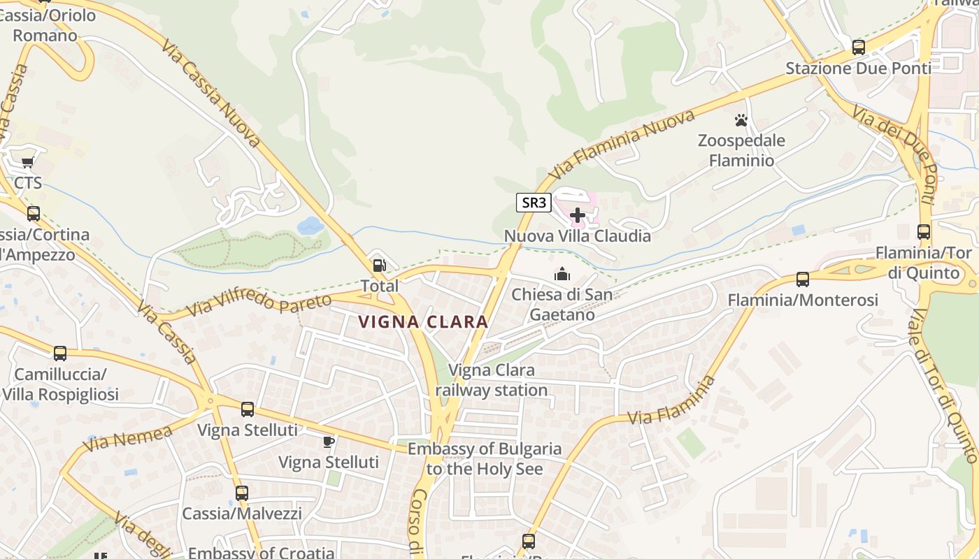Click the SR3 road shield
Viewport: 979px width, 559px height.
pos(534,203)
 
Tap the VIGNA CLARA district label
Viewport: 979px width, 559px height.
pos(423,322)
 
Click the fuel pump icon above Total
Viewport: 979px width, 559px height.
pos(379,265)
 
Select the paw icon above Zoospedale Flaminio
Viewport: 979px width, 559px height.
pos(741,120)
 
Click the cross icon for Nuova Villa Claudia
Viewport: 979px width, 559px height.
pos(578,215)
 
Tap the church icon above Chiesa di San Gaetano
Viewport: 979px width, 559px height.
pos(562,274)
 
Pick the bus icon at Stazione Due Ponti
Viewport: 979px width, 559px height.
pos(858,48)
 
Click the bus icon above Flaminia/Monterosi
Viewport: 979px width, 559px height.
pos(802,279)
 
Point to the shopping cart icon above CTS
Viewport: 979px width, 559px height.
pos(27,163)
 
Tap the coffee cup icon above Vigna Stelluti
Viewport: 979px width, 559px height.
pos(328,442)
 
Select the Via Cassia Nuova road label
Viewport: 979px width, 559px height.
pos(210,93)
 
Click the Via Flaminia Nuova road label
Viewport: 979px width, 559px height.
pos(622,144)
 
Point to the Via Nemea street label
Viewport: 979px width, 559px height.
pos(127,439)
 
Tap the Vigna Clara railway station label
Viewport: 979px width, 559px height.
pos(492,380)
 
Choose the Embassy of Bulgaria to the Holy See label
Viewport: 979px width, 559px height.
pos(485,458)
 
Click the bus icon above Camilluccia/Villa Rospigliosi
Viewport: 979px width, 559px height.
pos(60,354)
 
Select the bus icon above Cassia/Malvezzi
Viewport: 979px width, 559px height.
pos(242,493)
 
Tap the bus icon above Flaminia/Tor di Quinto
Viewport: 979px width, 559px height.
pos(924,232)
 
